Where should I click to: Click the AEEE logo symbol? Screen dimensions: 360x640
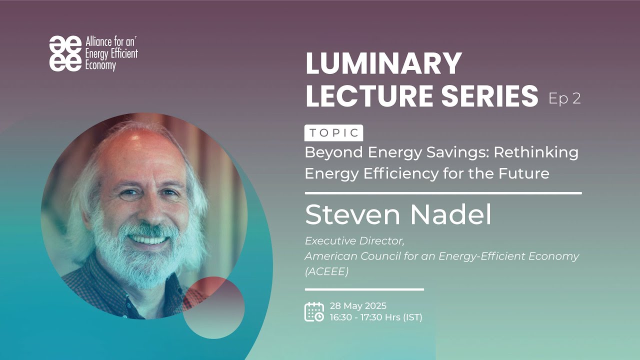pos(65,53)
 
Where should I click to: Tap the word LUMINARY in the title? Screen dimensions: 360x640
pos(383,64)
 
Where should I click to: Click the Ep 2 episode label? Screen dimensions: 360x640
pos(564,98)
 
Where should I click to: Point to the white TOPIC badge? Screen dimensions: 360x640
pos(333,133)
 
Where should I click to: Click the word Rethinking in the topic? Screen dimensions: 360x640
pos(536,152)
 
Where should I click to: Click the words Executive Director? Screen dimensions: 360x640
pos(354,240)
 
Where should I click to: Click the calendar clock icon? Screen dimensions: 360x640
pos(314,311)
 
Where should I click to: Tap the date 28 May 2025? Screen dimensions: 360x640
pos(358,306)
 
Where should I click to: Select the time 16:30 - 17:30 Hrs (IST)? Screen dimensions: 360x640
pos(376,317)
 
